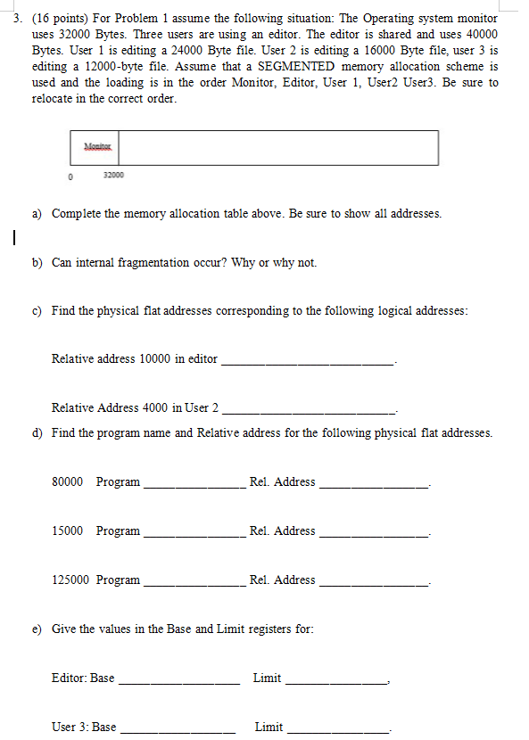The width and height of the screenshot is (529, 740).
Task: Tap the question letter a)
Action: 38,214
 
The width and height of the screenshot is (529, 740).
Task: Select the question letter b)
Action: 38,263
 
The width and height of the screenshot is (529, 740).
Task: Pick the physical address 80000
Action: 69,482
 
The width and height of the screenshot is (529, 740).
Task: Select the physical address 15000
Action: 69,531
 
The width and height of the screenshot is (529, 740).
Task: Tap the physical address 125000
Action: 71,580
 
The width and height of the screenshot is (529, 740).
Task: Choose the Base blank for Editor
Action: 178,679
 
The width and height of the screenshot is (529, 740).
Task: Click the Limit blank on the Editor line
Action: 335,679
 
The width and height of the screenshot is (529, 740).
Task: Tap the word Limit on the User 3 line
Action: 269,728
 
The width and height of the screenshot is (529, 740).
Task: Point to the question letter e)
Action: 38,629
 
